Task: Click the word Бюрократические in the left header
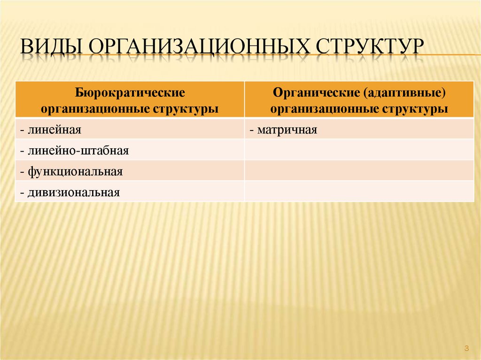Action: click(x=129, y=92)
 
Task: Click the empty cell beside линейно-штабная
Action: click(x=359, y=150)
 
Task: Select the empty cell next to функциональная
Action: click(x=359, y=171)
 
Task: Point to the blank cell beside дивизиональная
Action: click(x=359, y=191)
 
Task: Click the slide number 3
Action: click(x=466, y=348)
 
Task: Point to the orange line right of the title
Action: click(x=451, y=55)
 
